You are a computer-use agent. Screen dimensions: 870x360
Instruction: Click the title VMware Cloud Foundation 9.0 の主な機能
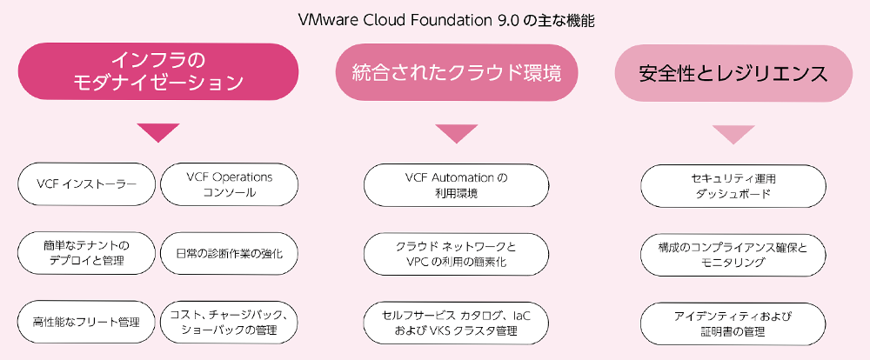tap(446, 21)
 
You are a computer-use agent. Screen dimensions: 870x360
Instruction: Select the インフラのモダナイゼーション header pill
tap(158, 71)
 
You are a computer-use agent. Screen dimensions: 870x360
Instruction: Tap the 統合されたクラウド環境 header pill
tap(457, 73)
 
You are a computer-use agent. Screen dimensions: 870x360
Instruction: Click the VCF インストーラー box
tap(86, 184)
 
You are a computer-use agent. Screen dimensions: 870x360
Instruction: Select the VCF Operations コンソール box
tap(229, 184)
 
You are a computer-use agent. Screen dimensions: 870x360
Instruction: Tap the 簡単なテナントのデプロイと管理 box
tap(86, 254)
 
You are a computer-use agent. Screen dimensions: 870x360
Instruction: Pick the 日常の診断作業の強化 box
tap(229, 254)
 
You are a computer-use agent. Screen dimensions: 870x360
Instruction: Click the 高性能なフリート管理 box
tap(86, 323)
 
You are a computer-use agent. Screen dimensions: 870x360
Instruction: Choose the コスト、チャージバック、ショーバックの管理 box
tap(229, 323)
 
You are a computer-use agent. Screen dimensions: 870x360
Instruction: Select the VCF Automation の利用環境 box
tap(456, 185)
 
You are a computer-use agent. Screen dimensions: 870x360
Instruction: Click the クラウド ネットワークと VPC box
tap(456, 255)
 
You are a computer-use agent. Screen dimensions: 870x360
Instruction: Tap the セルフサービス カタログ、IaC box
tap(456, 323)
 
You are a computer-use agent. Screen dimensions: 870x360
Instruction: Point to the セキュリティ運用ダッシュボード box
tap(733, 186)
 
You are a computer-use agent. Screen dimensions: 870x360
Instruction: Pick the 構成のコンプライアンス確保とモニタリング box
tap(733, 255)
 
